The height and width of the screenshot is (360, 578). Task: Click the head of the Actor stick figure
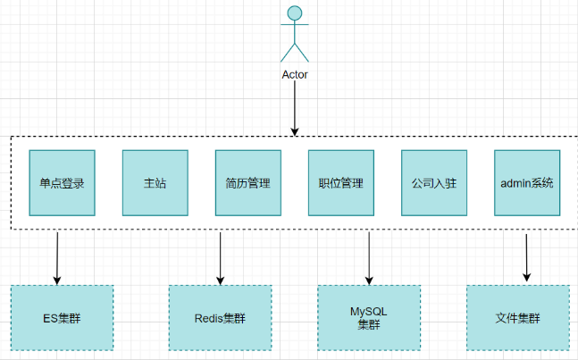point(294,14)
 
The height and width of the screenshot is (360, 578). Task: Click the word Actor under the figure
point(294,75)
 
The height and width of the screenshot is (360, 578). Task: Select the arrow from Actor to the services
point(294,111)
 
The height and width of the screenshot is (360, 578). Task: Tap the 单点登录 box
point(62,183)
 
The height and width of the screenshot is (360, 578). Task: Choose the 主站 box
point(155,183)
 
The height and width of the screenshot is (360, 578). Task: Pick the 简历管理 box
point(247,183)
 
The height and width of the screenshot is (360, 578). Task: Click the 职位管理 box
point(340,183)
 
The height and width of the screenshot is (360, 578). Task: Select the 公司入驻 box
point(433,183)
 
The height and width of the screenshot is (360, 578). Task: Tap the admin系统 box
point(526,183)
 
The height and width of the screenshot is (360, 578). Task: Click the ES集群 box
point(62,317)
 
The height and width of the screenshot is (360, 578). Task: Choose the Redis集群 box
point(220,317)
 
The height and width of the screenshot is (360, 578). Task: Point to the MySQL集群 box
point(369,317)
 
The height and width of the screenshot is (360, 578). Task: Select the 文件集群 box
point(518,317)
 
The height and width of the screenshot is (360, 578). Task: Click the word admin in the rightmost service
point(515,183)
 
